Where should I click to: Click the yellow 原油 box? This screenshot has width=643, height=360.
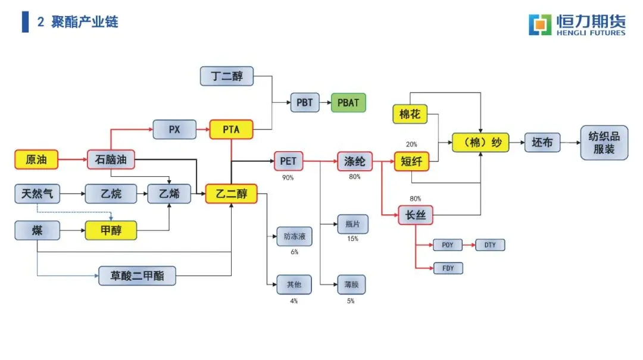click(x=36, y=159)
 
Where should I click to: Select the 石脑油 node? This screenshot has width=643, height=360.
click(x=111, y=159)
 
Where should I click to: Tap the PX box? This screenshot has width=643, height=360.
click(x=174, y=129)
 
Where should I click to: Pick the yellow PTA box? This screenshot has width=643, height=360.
click(x=232, y=129)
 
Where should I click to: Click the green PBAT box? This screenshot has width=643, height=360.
click(x=348, y=102)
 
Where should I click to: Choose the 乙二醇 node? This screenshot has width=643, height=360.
click(x=231, y=194)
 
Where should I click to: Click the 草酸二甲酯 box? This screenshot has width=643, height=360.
click(x=138, y=276)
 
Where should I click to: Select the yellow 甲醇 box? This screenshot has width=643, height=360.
click(x=111, y=230)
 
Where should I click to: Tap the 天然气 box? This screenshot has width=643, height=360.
click(x=36, y=194)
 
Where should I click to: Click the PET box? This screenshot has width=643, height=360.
click(x=289, y=161)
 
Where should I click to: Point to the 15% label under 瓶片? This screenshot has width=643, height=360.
click(x=352, y=239)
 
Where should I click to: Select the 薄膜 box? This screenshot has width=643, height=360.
click(x=351, y=284)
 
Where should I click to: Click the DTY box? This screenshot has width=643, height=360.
click(x=490, y=245)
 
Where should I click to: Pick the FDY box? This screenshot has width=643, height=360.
click(x=448, y=268)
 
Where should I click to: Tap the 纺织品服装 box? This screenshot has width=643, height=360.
click(x=604, y=143)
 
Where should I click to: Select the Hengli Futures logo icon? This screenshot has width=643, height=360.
click(x=541, y=24)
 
